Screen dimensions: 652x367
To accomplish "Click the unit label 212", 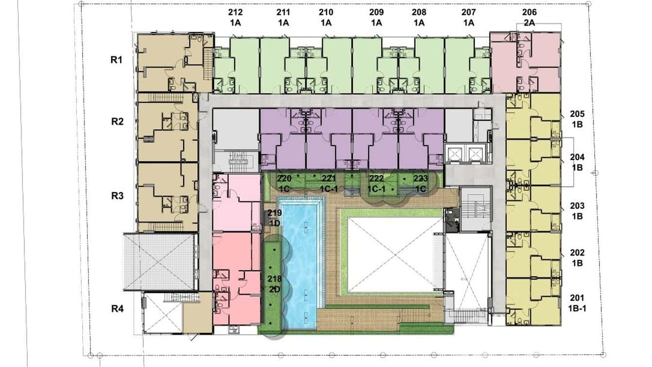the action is [235, 12].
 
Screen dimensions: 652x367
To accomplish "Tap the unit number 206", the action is [529, 12].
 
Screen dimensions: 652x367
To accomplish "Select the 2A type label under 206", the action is [529, 23].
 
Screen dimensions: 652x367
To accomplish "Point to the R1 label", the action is [117, 60].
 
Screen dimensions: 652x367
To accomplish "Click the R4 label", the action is [117, 309].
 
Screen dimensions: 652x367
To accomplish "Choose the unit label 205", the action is [577, 114].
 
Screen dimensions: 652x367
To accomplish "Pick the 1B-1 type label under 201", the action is [577, 309].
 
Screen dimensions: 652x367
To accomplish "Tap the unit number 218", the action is [275, 279].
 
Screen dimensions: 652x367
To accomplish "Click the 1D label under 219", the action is [275, 223].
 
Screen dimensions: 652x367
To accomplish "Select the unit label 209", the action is [377, 12].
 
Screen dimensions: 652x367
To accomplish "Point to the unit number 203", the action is [577, 206].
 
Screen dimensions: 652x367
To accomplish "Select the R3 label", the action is [117, 196].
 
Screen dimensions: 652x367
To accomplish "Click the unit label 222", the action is [377, 178].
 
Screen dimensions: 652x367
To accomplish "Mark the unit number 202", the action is [577, 253].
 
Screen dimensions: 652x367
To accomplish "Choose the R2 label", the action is [117, 121].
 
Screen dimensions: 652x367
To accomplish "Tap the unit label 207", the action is [469, 12].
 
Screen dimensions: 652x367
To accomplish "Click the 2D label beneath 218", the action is [275, 290].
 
